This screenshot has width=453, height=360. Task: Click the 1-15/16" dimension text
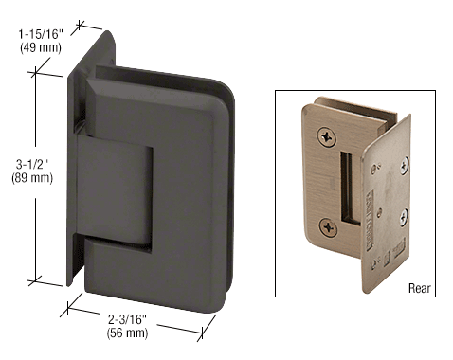(41, 34)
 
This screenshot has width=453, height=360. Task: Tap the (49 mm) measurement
(41, 47)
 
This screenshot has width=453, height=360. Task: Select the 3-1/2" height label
(32, 164)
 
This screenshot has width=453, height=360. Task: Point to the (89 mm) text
(32, 178)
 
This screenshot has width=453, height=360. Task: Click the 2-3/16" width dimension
(127, 319)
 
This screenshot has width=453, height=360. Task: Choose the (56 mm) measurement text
(127, 333)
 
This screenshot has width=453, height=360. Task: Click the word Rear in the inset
(420, 288)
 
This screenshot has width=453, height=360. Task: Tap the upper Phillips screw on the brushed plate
(326, 137)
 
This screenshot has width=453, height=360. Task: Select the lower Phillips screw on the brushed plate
(328, 227)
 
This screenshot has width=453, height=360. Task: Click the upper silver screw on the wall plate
(405, 166)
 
